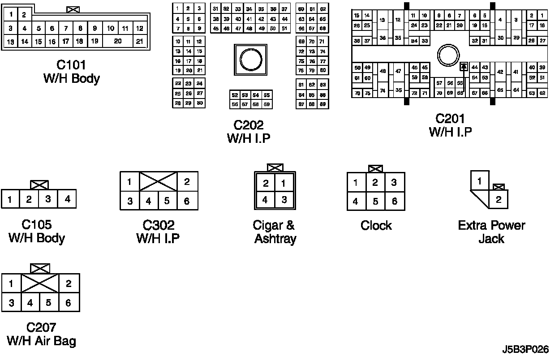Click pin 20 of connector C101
point(118,41)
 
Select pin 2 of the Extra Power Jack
point(498,200)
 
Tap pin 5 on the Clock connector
point(375,201)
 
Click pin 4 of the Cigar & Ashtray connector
point(265,200)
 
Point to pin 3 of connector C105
point(48,199)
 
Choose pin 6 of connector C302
point(187,201)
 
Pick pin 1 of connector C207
point(11,283)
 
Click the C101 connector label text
point(72,65)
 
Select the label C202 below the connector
point(249,125)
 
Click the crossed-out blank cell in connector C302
point(158,181)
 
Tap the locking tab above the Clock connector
point(375,169)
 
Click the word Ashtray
point(275,239)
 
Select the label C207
point(41,327)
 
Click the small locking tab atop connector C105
point(39,184)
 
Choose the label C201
point(450,119)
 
